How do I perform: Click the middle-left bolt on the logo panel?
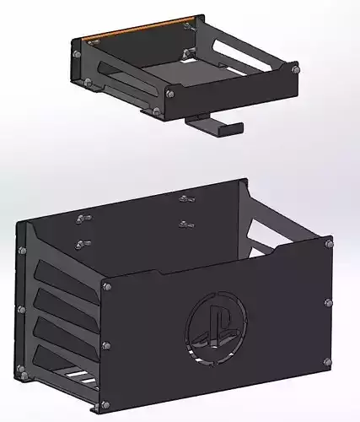105,345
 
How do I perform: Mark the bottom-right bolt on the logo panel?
326,362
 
